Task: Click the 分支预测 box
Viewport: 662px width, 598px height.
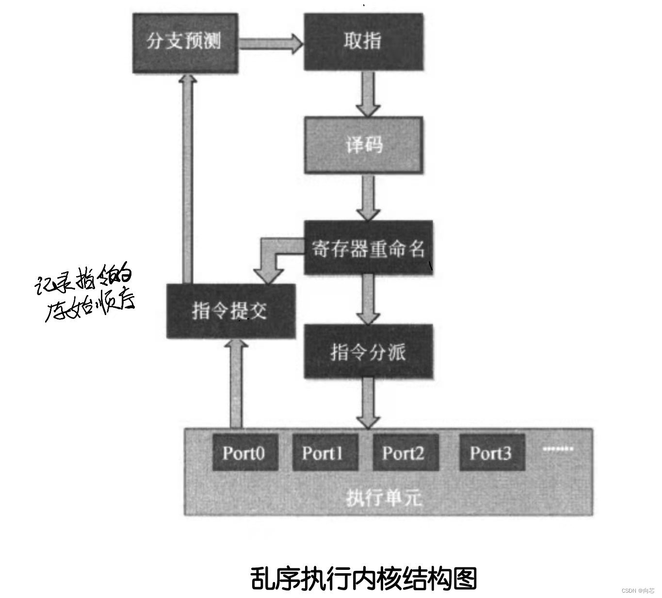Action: point(185,43)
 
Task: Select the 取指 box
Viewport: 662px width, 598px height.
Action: point(363,42)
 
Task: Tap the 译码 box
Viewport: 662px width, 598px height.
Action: point(363,145)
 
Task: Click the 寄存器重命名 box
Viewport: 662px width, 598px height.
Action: point(368,248)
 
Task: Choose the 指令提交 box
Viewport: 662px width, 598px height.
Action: point(230,311)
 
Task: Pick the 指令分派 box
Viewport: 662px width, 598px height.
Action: point(368,351)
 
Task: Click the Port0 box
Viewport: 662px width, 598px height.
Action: point(245,453)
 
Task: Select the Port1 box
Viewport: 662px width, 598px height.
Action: point(324,453)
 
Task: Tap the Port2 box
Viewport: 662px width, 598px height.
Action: point(405,453)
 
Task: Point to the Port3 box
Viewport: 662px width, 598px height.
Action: point(492,453)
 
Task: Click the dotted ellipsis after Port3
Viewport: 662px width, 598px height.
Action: point(558,449)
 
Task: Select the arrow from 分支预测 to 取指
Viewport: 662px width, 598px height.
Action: point(270,43)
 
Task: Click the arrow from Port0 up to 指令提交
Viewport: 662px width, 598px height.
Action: point(236,383)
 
